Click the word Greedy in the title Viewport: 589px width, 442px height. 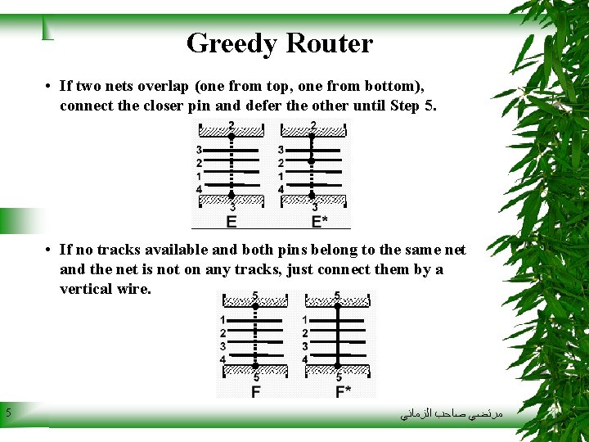[228, 43]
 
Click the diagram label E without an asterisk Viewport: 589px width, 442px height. [232, 222]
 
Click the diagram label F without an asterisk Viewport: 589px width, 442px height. [256, 391]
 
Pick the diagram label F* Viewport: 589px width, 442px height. [343, 391]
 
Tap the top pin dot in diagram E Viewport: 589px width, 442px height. [232, 136]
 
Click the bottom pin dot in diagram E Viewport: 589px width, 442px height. [232, 196]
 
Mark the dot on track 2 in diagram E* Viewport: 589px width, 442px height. [312, 162]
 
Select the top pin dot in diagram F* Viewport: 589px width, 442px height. [339, 307]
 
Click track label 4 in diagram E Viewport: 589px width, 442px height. [200, 190]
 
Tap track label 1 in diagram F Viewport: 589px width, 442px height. [223, 320]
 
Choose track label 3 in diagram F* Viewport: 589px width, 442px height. [305, 346]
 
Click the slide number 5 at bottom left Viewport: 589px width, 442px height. [7, 413]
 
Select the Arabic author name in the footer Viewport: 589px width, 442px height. [451, 415]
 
